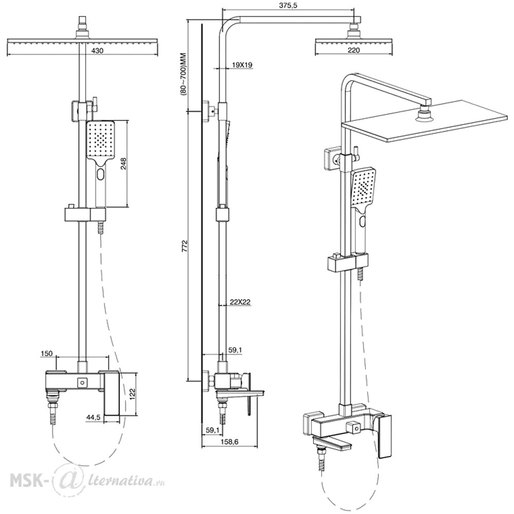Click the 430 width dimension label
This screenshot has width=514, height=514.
pos(97,51)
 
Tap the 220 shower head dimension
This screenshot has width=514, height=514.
pos(354,50)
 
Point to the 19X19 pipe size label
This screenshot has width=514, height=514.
pos(242,65)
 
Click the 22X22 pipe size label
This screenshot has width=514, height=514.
pos(240,302)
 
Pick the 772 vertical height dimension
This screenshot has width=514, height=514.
pos(185,246)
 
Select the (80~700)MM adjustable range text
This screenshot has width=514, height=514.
pos(183,74)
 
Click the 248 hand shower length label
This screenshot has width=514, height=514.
pos(123,163)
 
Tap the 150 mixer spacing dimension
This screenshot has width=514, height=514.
pos(47,354)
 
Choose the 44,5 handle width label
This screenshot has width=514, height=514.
pos(94,417)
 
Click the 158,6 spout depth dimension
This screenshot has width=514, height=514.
pos(230,442)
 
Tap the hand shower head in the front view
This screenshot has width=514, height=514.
pos(100,140)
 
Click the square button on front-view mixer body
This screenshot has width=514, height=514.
pos(81,382)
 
